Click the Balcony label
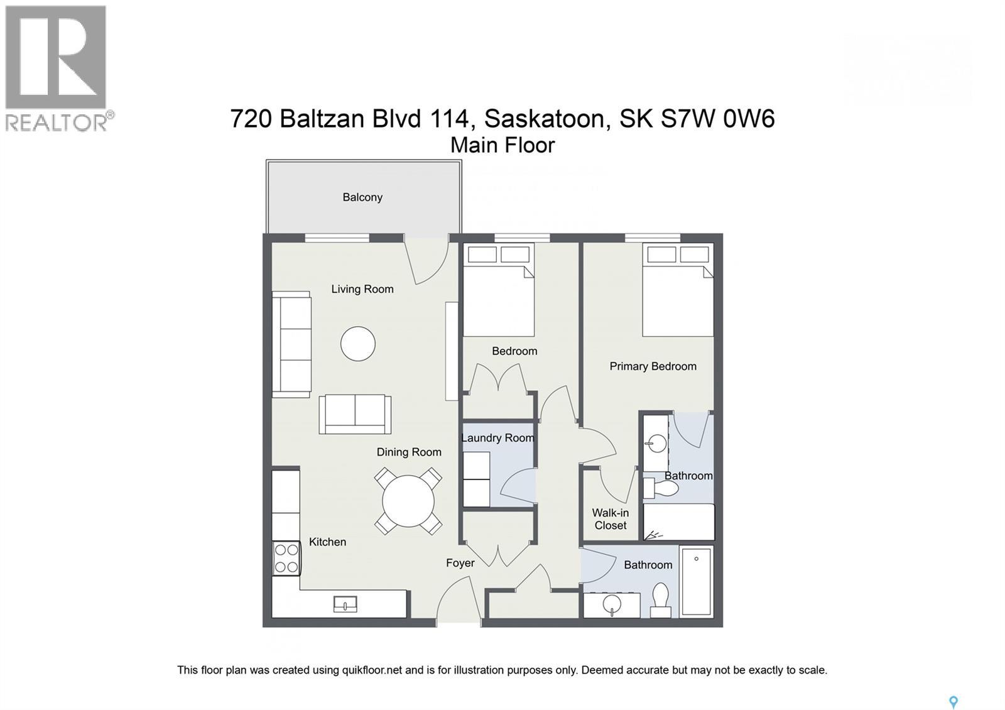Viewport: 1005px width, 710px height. point(362,197)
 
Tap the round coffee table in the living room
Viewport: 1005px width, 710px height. point(358,344)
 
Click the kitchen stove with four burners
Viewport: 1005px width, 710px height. point(286,559)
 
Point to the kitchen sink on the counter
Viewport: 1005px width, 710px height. point(345,604)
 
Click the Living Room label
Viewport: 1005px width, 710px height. point(362,289)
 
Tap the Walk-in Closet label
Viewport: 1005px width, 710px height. point(611,519)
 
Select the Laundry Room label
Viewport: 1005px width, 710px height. point(497,438)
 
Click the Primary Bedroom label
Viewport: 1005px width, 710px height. point(653,366)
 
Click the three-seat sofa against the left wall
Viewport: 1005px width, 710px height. point(291,344)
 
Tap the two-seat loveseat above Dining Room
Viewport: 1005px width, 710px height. point(355,414)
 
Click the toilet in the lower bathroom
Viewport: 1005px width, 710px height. point(660,599)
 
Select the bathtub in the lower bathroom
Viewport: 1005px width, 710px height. point(697,582)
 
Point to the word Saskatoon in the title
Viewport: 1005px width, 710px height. point(545,118)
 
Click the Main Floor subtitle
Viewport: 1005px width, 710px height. point(503,145)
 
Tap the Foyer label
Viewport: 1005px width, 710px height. point(460,563)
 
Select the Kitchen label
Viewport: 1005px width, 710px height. point(327,542)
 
